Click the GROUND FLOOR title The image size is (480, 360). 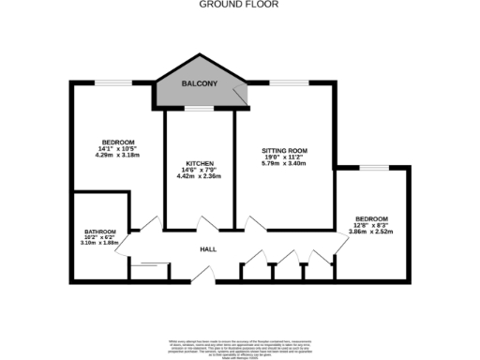point(231,4)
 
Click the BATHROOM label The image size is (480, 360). point(100,232)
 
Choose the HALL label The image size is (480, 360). point(208,249)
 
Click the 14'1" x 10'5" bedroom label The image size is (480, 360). point(118,142)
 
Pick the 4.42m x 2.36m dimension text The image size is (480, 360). point(200,176)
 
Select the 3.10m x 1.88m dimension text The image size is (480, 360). point(100,244)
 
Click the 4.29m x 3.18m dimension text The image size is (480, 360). point(118,156)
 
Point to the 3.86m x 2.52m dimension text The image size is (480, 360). point(368,232)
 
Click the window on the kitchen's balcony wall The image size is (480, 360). point(198,109)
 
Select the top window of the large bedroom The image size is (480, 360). point(112,82)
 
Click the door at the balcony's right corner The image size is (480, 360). point(246,96)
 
